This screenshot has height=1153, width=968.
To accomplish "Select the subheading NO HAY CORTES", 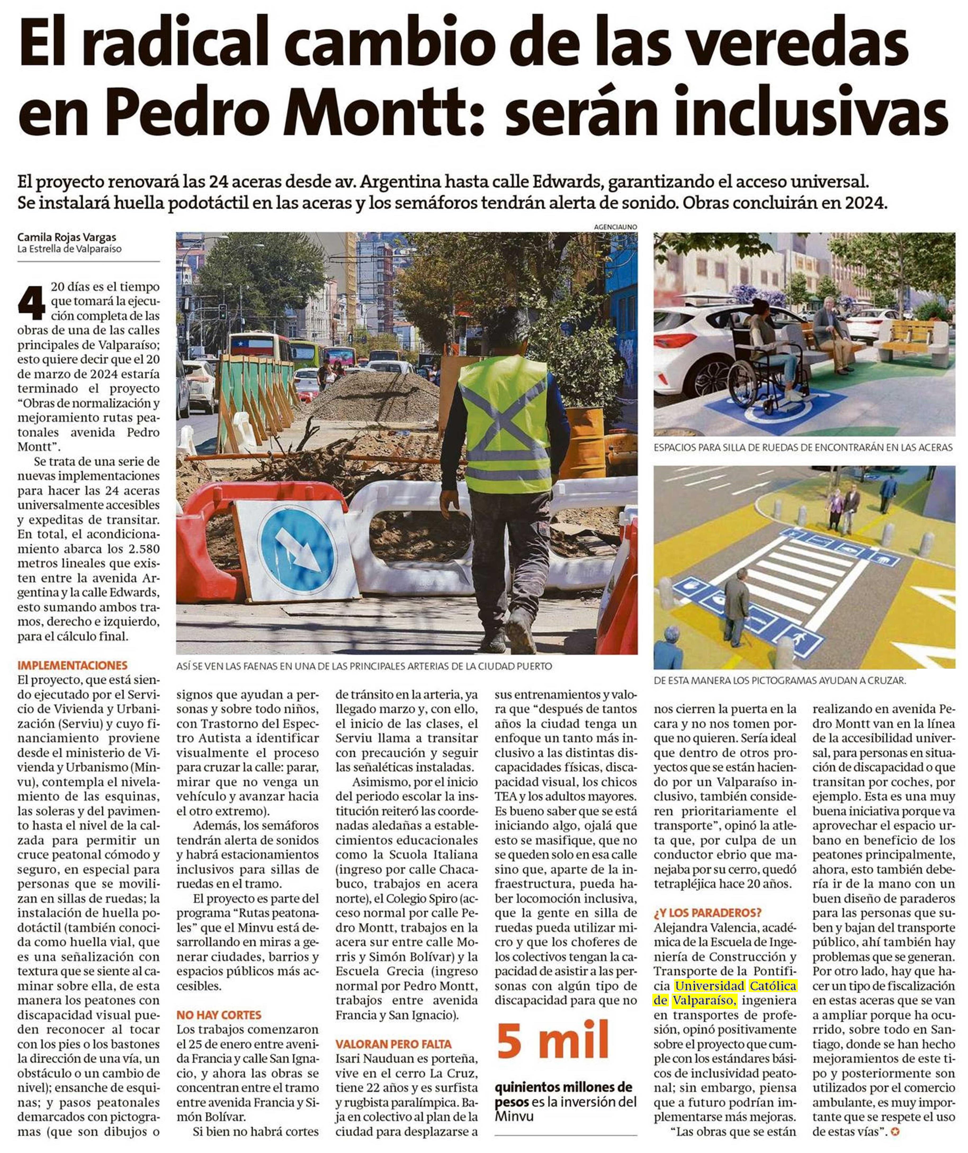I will tap(218, 1015).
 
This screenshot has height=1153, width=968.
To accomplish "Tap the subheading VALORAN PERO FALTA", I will tap(393, 1044).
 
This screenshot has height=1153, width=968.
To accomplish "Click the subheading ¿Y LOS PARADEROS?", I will tap(707, 913).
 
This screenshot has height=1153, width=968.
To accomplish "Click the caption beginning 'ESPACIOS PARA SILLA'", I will tap(803, 448).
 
